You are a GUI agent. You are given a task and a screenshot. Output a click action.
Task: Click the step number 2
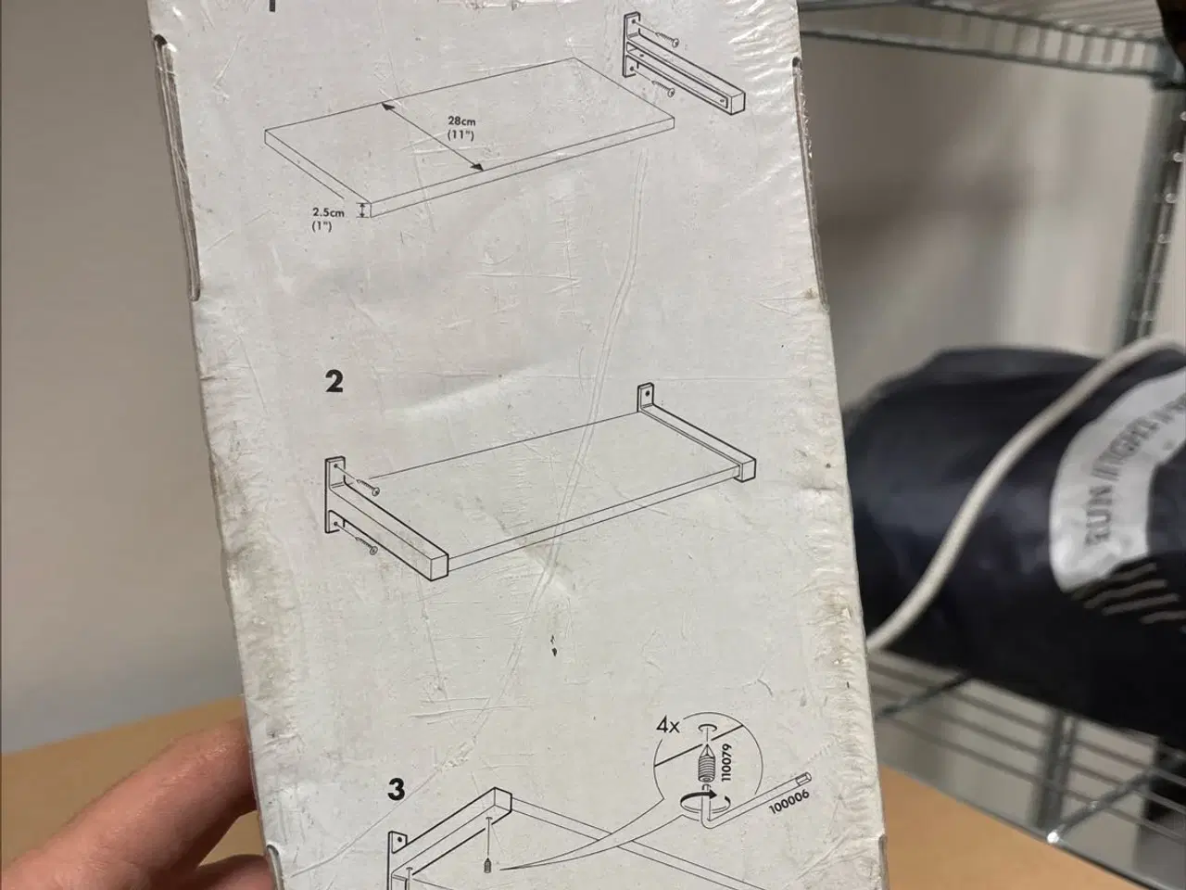(x=334, y=381)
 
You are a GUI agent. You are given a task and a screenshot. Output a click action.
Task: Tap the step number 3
(x=397, y=790)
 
